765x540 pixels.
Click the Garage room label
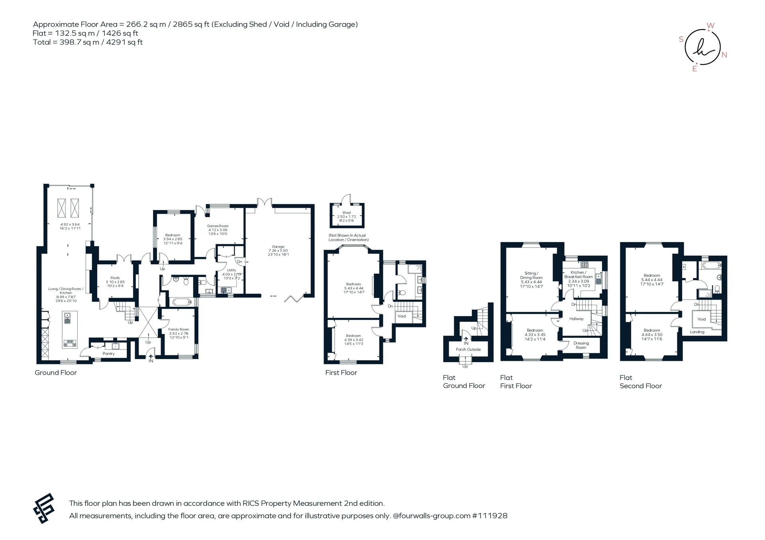point(278,247)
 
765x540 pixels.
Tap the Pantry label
point(108,353)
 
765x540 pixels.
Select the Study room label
point(115,278)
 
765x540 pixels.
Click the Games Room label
point(218,226)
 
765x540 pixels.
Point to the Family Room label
point(178,329)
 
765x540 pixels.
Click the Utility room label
point(231,270)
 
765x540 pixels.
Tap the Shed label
point(347,213)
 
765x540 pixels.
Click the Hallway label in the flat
point(576,319)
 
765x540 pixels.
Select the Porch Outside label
point(468,349)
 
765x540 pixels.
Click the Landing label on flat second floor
point(697,332)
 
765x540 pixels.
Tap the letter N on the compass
point(724,55)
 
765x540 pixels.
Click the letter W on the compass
point(710,26)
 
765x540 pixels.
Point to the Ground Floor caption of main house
point(56,373)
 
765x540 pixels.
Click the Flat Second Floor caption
point(641,382)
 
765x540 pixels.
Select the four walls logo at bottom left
point(43,508)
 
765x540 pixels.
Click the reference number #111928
point(490,516)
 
